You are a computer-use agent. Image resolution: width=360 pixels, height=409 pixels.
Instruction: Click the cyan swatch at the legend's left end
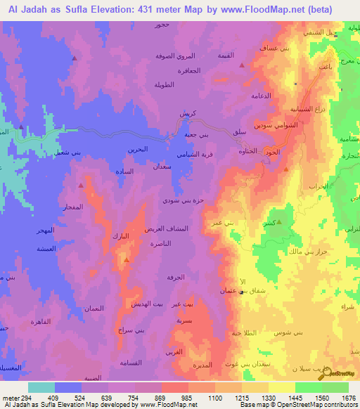point(41,387)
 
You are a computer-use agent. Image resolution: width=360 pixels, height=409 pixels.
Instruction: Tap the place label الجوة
point(273,152)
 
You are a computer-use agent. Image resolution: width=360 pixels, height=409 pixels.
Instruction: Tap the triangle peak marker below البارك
point(127,259)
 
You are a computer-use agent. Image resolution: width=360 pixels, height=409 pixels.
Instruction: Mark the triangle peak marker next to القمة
point(242,65)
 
